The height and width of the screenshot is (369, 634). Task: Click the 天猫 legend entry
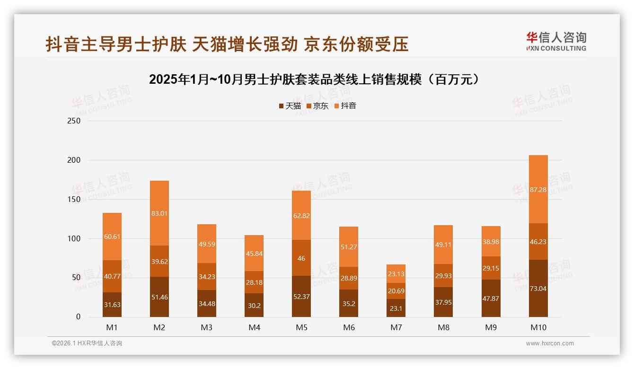coord(290,106)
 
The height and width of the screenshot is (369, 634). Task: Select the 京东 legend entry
coord(317,106)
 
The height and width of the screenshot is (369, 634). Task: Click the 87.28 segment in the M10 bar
coord(538,189)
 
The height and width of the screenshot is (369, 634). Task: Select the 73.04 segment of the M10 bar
coord(538,289)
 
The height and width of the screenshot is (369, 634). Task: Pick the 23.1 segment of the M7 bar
coord(396,308)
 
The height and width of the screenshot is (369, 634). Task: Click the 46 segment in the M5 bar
coord(301,258)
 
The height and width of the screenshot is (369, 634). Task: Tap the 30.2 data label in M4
coord(254,306)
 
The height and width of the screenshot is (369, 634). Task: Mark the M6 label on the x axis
coord(349,327)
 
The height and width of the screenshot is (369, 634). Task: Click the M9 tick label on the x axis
coord(491,327)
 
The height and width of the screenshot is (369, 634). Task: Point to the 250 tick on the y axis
coord(74,121)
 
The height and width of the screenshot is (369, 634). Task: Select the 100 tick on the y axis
coord(74,239)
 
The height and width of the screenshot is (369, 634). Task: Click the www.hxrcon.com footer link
coord(550,343)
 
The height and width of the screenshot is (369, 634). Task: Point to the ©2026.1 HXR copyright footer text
coord(87,343)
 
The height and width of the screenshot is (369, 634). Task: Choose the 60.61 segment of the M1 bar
coord(112,237)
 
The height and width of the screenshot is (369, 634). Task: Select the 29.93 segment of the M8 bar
coord(443,275)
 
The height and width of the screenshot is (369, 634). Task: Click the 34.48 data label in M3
coord(207,304)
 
